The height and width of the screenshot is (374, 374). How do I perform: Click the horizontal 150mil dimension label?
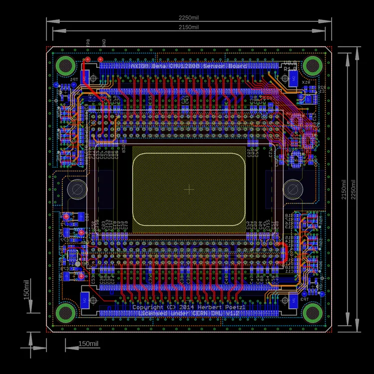89,344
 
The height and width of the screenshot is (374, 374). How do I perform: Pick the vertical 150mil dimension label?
27,289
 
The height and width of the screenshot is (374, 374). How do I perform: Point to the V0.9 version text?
290,63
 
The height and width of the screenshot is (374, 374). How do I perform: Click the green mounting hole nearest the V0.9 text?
313,65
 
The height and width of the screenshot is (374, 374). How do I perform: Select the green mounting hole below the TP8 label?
65,65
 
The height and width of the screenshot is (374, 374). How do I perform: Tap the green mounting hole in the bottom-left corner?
65,313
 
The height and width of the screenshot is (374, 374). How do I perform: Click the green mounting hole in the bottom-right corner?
313,313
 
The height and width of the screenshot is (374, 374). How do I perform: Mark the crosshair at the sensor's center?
189,189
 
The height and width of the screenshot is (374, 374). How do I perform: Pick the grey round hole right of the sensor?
293,189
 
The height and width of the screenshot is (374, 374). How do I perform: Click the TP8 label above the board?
88,43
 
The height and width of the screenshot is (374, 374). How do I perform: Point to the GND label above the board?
104,43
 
